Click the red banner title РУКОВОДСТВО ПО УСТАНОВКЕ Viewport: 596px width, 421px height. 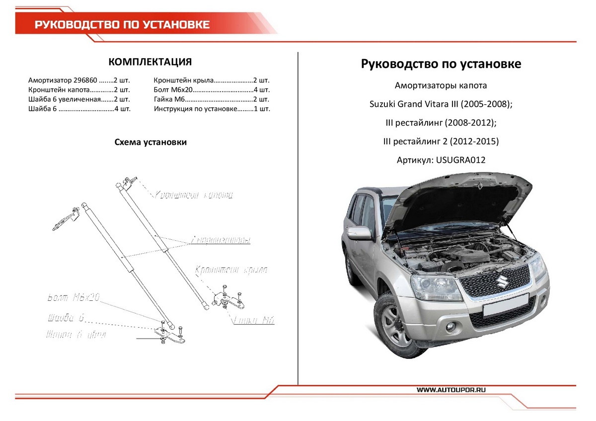pyautogui.click(x=122, y=25)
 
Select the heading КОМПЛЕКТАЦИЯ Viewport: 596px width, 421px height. pyautogui.click(x=150, y=62)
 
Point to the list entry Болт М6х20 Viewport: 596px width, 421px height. pyautogui.click(x=173, y=90)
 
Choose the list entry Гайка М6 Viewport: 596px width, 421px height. pyautogui.click(x=170, y=99)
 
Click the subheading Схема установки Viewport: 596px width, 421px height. pyautogui.click(x=150, y=142)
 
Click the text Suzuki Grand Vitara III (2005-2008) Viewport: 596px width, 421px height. pyautogui.click(x=441, y=104)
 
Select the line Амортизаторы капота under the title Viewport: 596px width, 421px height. pyautogui.click(x=441, y=85)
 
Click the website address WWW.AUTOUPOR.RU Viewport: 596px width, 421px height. pyautogui.click(x=450, y=390)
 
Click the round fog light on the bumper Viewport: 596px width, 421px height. pyautogui.click(x=453, y=327)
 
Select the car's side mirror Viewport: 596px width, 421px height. pyautogui.click(x=359, y=233)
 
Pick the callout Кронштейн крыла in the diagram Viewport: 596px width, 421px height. pyautogui.click(x=231, y=270)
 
